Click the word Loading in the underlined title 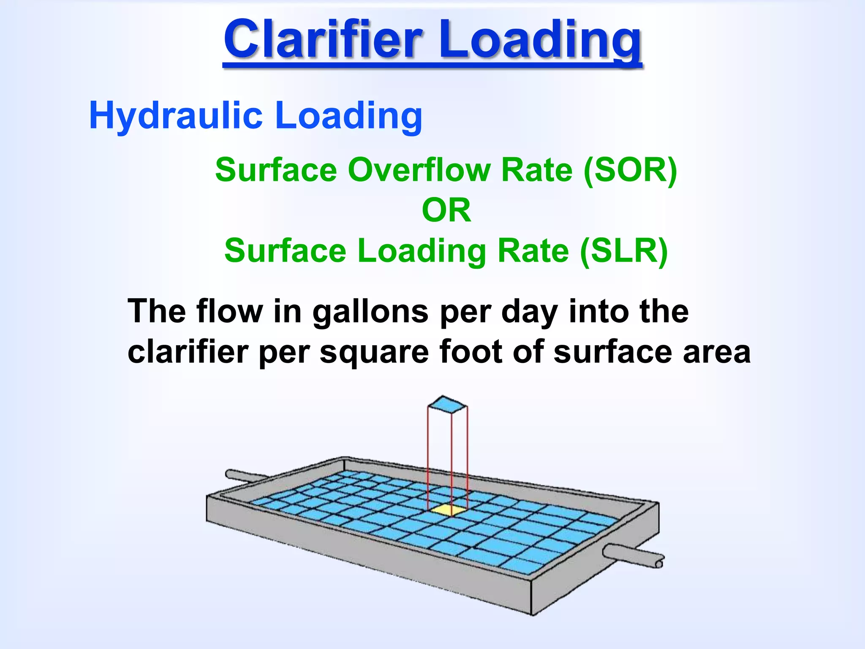[541, 41]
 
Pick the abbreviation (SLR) [624, 251]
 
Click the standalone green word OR [446, 210]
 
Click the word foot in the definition [471, 352]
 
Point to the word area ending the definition [717, 352]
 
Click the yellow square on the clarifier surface [447, 509]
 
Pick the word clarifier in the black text [188, 352]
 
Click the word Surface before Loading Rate [285, 251]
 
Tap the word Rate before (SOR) [536, 170]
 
